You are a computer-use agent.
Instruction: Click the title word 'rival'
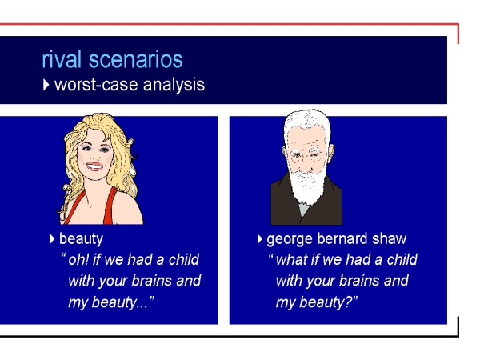[62, 59]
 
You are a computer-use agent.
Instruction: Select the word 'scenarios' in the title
[136, 59]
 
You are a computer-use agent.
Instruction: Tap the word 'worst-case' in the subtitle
[96, 85]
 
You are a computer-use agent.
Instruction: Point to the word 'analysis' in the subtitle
[174, 85]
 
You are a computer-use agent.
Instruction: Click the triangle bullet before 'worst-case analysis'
[46, 85]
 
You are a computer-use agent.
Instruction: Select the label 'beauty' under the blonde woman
[81, 239]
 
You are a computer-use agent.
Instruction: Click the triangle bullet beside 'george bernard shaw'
[260, 239]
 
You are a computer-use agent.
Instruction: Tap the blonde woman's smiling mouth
[94, 166]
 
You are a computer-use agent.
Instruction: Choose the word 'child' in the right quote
[402, 259]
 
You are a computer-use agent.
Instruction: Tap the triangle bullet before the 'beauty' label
[52, 239]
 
